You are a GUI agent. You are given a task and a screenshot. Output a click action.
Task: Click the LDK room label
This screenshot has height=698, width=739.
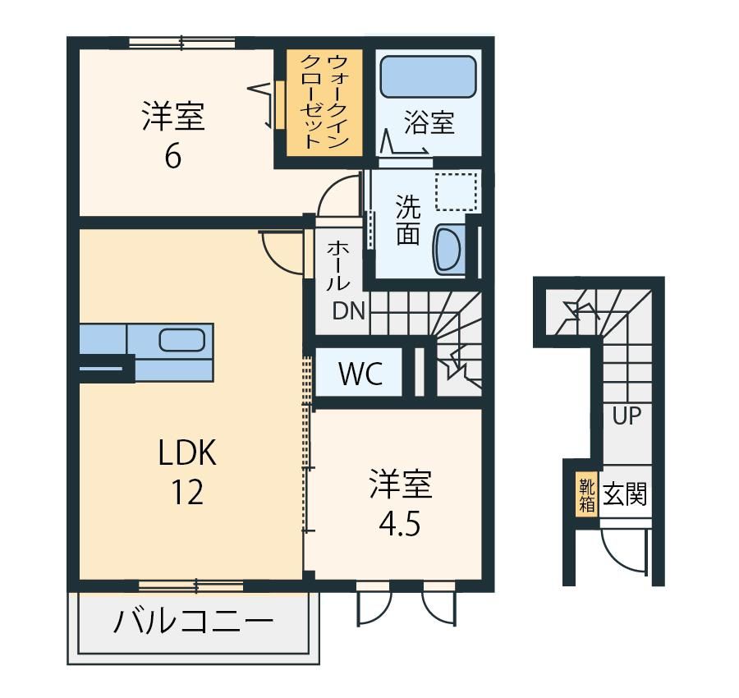tap(187, 452)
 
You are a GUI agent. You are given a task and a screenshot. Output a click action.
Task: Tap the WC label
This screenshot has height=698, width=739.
tap(360, 374)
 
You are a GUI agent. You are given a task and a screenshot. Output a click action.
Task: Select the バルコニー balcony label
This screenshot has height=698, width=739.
tap(193, 621)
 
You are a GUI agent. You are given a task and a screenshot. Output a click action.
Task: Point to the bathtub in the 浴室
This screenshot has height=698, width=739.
tap(428, 77)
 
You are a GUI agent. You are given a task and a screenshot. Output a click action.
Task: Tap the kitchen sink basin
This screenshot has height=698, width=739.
tap(181, 339)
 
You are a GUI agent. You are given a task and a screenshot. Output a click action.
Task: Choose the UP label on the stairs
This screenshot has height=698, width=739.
tap(627, 416)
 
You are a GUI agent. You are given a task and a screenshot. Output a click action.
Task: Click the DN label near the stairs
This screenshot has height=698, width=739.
tap(349, 310)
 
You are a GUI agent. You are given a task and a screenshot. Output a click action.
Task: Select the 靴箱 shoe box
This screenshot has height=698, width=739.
tap(587, 495)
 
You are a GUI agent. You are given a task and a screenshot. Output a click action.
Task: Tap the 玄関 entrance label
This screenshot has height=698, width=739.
tap(625, 494)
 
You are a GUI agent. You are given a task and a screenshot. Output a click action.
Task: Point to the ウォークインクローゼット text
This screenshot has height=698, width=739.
tap(324, 102)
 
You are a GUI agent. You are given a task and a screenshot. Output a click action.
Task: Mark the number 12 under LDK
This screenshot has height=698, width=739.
tap(186, 492)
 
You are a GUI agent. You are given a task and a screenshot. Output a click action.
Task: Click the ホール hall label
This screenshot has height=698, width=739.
tap(337, 264)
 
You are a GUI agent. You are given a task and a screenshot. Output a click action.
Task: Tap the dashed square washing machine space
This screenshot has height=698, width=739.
tap(456, 192)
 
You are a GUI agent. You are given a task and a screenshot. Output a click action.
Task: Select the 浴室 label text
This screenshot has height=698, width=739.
tap(429, 122)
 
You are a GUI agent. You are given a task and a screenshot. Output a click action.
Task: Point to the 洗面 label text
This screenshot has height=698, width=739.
tap(407, 219)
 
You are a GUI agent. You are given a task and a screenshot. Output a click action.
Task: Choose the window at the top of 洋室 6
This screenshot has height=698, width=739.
tap(182, 44)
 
